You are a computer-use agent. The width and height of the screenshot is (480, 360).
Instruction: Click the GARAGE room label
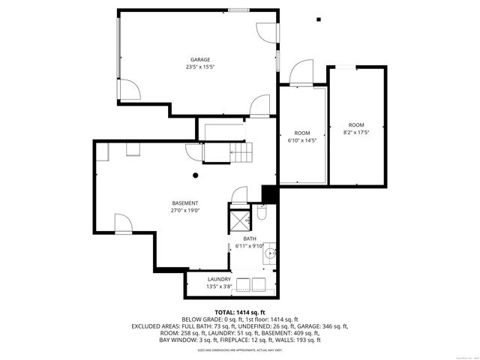click(x=199, y=59)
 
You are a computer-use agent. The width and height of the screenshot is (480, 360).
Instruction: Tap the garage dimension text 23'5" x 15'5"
click(x=199, y=67)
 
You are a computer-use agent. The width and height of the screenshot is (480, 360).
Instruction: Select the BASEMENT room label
click(x=184, y=203)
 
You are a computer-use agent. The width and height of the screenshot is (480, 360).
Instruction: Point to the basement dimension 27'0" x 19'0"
click(x=184, y=211)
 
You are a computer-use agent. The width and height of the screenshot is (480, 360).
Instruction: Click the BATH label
click(x=249, y=238)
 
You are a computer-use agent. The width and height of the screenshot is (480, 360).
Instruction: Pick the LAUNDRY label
click(x=220, y=279)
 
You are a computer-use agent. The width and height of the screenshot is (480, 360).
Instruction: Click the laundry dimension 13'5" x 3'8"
click(x=220, y=286)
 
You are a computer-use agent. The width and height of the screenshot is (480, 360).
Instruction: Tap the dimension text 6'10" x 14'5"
click(x=301, y=139)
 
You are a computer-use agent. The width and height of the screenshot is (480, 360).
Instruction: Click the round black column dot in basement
click(x=195, y=175)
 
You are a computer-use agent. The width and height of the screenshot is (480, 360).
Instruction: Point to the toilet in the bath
click(x=260, y=215)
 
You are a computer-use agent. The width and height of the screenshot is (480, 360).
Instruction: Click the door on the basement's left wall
click(x=123, y=222)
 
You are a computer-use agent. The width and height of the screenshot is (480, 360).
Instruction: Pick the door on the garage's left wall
click(x=128, y=89)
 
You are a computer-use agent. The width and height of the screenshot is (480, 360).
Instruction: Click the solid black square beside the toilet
click(x=269, y=194)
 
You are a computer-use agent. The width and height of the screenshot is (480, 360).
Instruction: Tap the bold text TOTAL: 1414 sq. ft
click(x=240, y=312)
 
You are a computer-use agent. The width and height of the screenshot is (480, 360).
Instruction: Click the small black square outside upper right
click(x=319, y=19)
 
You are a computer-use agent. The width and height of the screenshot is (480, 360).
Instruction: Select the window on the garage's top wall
click(x=239, y=10)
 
